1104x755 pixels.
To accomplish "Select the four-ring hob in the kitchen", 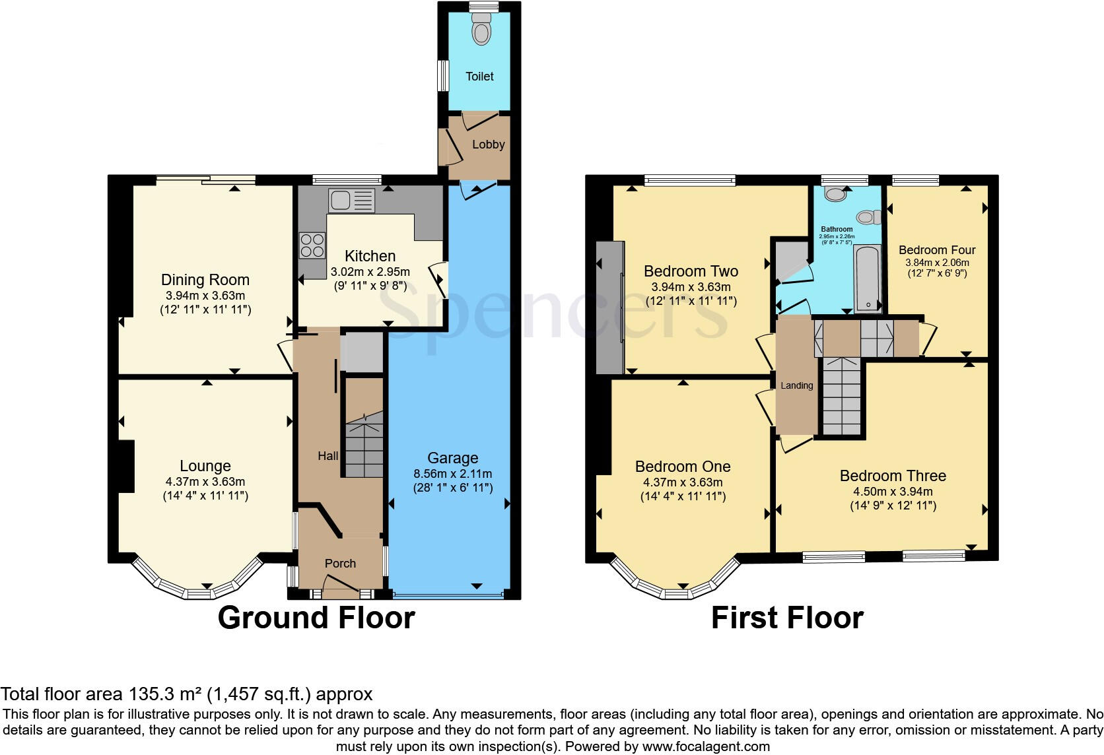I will pyautogui.click(x=312, y=246).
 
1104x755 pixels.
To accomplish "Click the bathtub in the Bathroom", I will pyautogui.click(x=868, y=279).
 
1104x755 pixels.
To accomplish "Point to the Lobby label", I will pyautogui.click(x=489, y=145).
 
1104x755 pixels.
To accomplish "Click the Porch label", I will pyautogui.click(x=340, y=564).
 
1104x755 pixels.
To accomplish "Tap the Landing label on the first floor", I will pyautogui.click(x=797, y=385).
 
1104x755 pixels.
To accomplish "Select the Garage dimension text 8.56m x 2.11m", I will pyautogui.click(x=452, y=474).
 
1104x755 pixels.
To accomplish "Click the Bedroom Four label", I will pyautogui.click(x=937, y=250).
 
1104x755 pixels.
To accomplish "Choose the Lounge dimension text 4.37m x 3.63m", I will pyautogui.click(x=205, y=482).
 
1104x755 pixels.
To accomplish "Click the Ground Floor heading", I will pyautogui.click(x=316, y=618).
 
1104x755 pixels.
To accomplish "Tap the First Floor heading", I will pyautogui.click(x=787, y=618).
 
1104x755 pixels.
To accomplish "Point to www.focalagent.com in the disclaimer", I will pyautogui.click(x=706, y=747).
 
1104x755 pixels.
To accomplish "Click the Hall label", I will pyautogui.click(x=328, y=456).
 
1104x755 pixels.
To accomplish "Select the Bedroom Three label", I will pyautogui.click(x=893, y=476).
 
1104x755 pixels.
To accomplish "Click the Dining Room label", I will pyautogui.click(x=205, y=280).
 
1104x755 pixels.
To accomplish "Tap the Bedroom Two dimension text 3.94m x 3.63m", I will pyautogui.click(x=691, y=287).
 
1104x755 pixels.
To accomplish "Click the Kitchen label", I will pyautogui.click(x=370, y=256).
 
